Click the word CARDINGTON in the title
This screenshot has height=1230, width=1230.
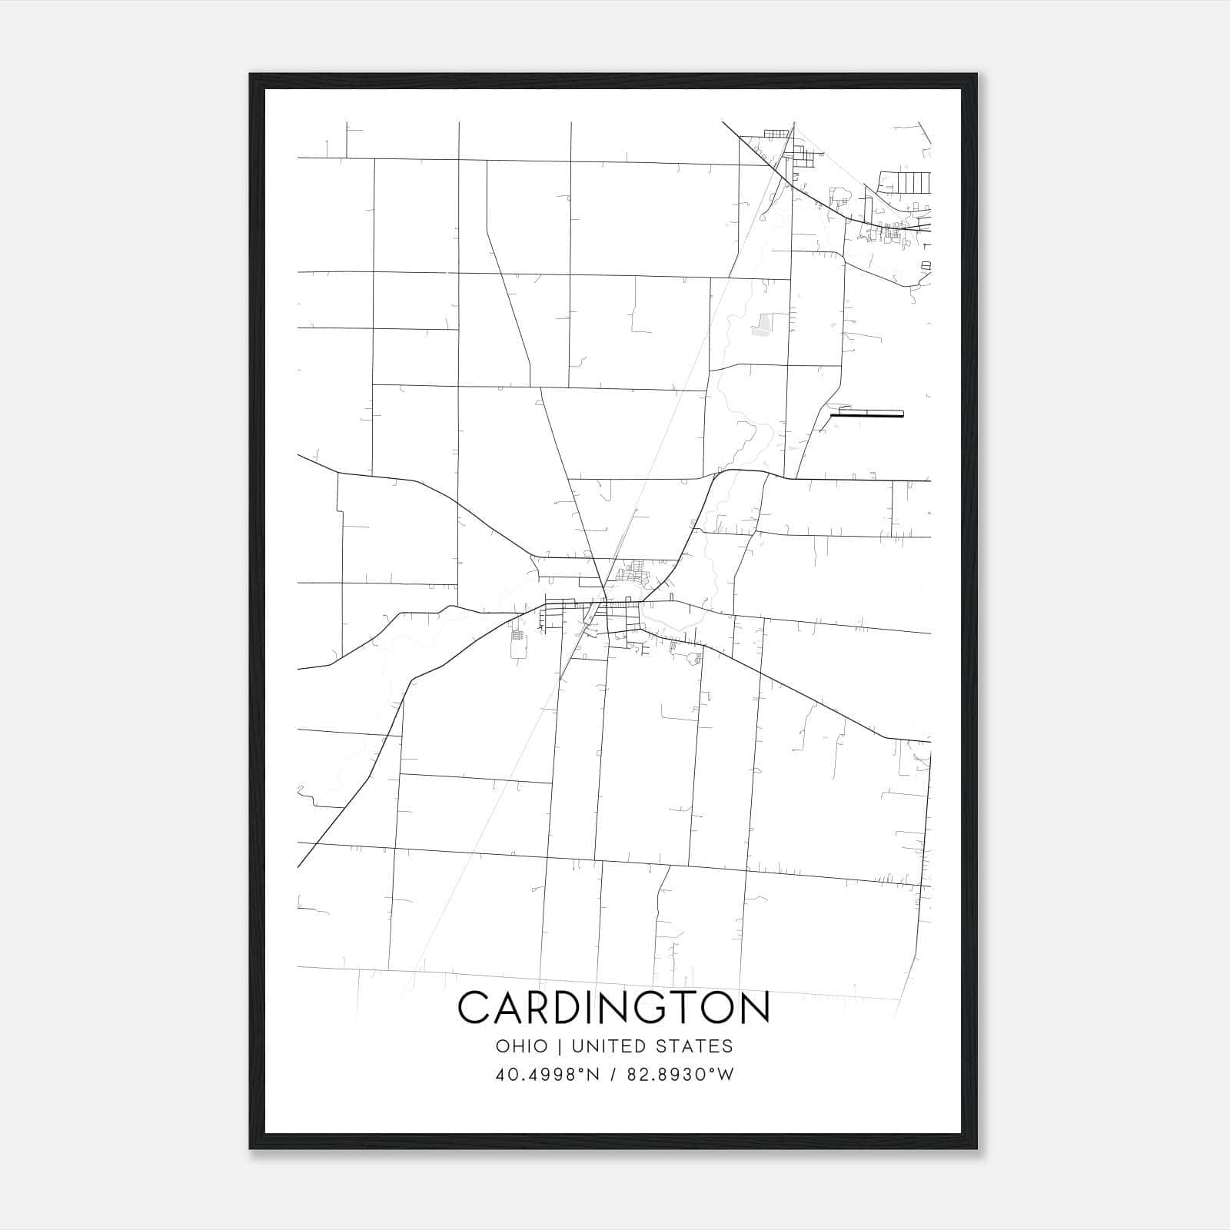tap(613, 1007)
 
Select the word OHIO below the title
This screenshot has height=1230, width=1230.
tap(522, 1046)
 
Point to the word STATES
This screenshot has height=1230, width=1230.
tap(696, 1046)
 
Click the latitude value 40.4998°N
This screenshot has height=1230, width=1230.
tap(547, 1075)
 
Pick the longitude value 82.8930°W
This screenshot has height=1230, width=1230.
tap(681, 1075)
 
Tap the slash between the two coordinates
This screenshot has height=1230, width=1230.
tap(613, 1075)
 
